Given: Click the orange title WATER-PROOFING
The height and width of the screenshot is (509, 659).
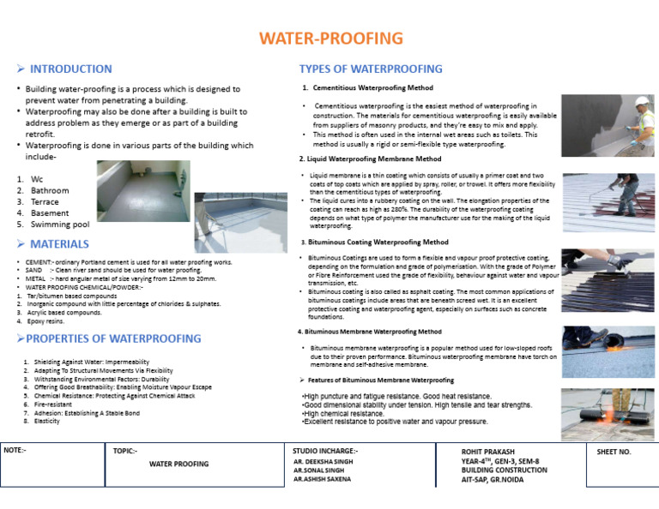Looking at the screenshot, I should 330,39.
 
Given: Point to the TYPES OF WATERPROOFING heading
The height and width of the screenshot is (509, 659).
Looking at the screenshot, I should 370,69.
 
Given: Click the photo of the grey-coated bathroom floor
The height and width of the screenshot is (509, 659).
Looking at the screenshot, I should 130,185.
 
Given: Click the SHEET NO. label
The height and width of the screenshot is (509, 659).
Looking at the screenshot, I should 614,451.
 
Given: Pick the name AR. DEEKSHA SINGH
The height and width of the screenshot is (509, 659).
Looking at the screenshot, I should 323,462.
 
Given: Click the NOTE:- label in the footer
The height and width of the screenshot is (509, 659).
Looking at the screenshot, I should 15,450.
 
